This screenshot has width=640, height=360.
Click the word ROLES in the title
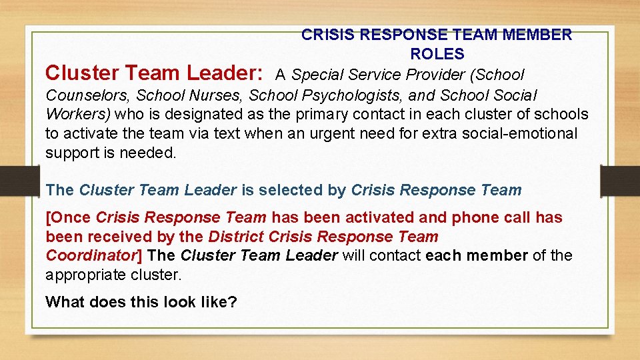pyautogui.click(x=437, y=54)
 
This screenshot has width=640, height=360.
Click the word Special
pyautogui.click(x=318, y=75)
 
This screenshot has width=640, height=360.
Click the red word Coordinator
pyautogui.click(x=91, y=255)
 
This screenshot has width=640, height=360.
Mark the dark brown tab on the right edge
pyautogui.click(x=620, y=181)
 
